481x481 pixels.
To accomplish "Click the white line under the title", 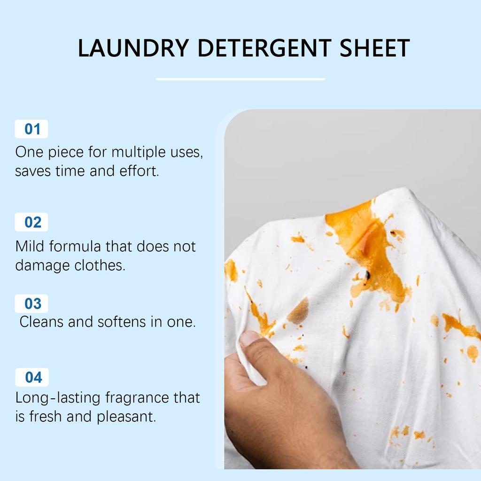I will pos(240,79).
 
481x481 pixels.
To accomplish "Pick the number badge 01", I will pos(31,129).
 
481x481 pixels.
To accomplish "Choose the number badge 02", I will pos(31,222).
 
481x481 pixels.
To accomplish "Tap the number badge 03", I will pos(31,303).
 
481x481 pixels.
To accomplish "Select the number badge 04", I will pos(31,377).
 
